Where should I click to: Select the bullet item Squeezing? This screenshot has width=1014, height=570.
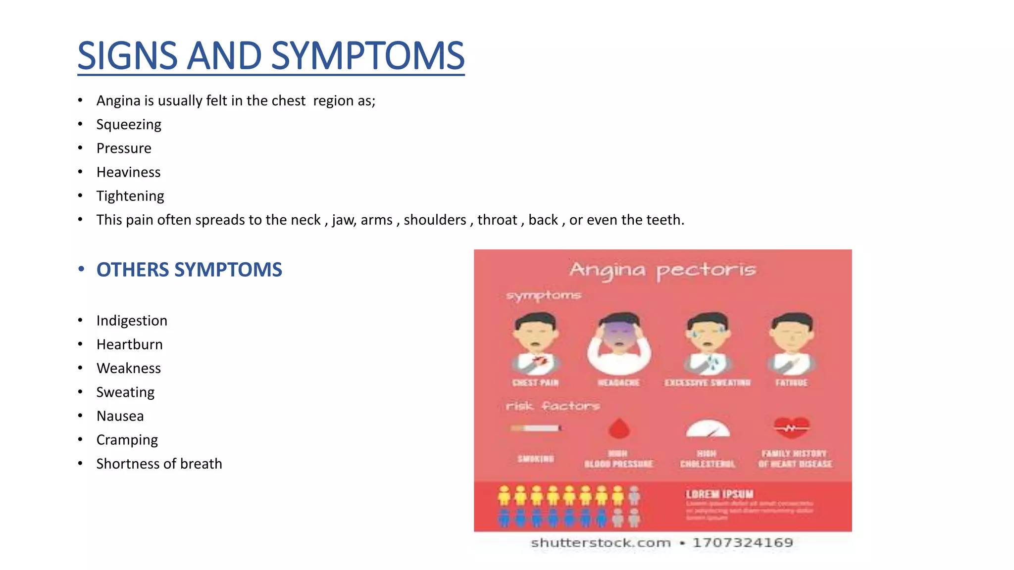(129, 125)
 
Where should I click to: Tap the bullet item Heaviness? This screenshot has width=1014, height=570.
(128, 172)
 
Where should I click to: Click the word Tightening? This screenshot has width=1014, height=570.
(130, 196)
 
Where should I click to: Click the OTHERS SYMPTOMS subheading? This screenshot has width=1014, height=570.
(189, 270)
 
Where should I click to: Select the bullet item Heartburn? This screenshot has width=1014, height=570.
(129, 344)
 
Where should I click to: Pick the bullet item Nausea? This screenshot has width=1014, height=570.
(120, 416)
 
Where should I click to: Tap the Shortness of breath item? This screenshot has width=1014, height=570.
(159, 464)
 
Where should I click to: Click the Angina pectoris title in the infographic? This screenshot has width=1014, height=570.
(662, 270)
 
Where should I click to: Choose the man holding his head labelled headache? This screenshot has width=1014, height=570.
(619, 344)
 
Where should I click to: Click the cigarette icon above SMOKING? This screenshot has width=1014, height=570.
(536, 428)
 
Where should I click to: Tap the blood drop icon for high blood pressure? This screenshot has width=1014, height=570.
(619, 428)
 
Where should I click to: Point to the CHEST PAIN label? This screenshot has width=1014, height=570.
(535, 382)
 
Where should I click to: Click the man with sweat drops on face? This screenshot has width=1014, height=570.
(708, 342)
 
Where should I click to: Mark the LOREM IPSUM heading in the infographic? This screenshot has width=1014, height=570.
(719, 494)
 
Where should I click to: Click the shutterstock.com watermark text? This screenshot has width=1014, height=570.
(601, 543)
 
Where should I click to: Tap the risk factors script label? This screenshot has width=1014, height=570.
(553, 406)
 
